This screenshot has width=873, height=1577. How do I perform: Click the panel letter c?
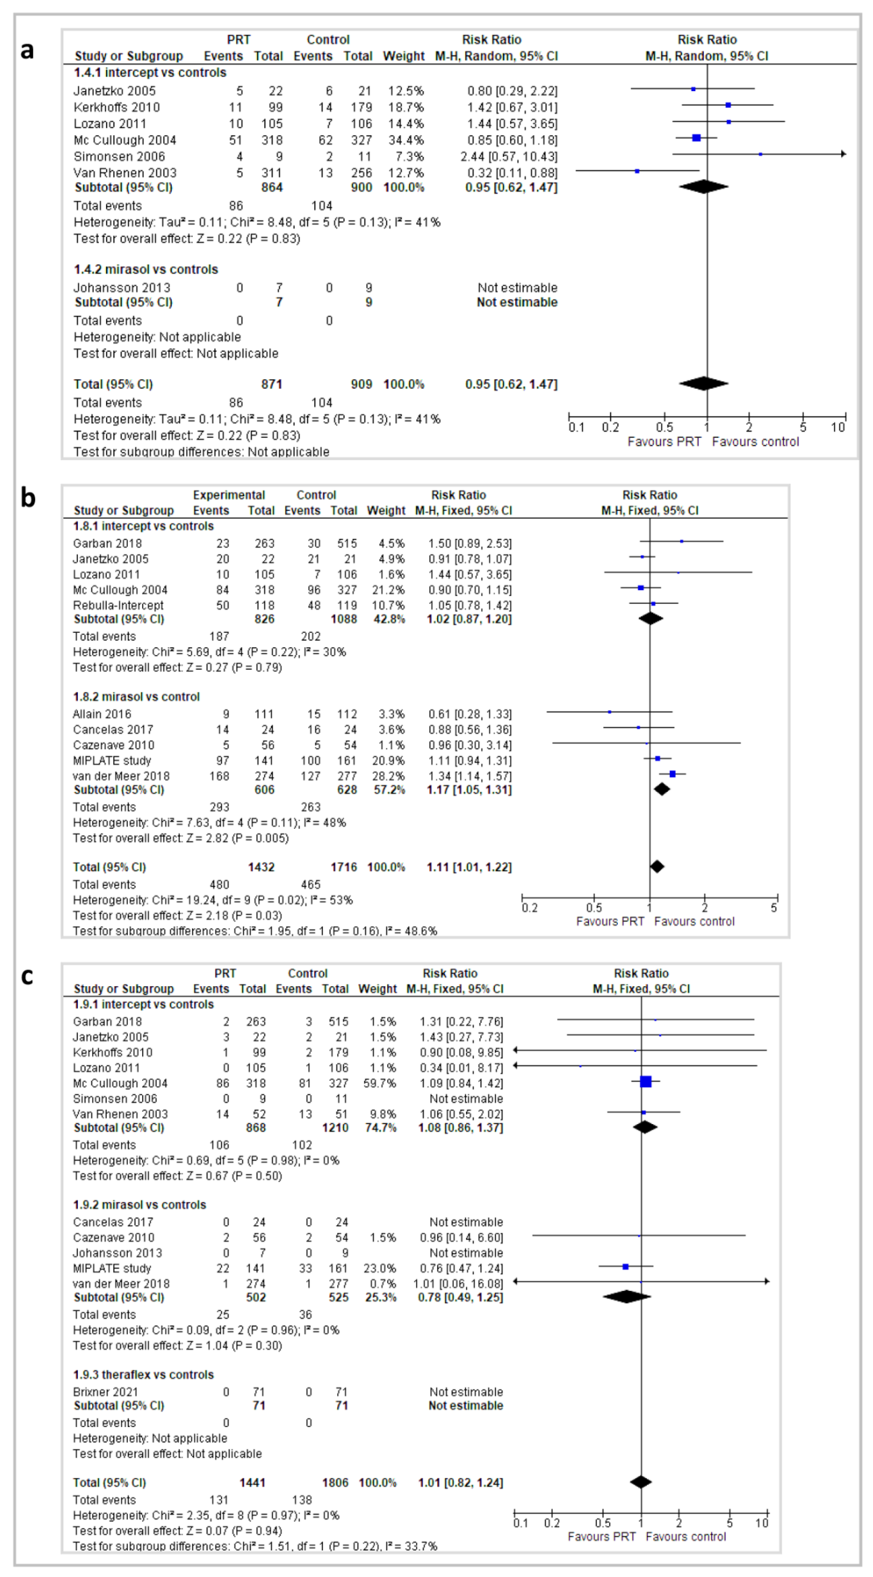pos(27,976)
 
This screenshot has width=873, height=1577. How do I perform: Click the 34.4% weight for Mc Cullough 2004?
pos(405,140)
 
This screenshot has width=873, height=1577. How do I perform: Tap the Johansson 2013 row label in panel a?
pos(122,288)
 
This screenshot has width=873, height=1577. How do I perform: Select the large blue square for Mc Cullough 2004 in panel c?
pos(645,1082)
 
